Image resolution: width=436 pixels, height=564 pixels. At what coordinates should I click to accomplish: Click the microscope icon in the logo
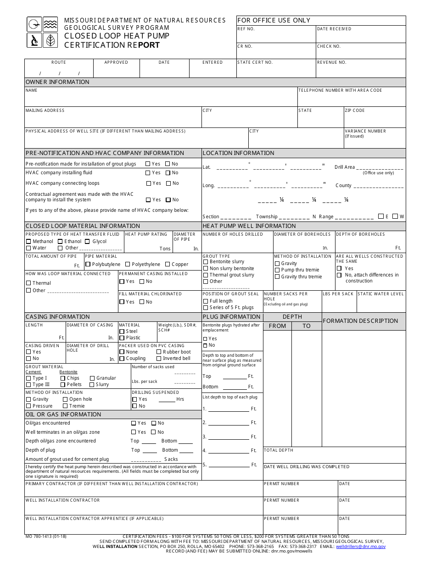34,40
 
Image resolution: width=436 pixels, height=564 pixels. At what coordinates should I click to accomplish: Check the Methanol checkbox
28,242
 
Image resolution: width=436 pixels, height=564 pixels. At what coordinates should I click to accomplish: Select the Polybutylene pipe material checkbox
88,265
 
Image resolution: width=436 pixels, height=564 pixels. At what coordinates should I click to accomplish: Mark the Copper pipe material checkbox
168,265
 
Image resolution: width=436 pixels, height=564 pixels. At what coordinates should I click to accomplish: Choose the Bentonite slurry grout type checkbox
206,262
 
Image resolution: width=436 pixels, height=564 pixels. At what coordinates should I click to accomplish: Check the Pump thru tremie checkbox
277,270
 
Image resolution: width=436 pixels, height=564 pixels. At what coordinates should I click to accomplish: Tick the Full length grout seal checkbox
206,301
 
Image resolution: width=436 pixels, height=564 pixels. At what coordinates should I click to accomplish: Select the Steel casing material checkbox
122,331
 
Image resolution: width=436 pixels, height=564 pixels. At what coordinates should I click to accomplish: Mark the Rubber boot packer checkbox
159,352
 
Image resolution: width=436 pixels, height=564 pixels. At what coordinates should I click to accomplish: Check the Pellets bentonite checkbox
63,385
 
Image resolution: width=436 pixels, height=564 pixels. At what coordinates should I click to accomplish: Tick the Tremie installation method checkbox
65,406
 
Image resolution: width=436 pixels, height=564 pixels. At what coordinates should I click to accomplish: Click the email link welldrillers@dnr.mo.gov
360,547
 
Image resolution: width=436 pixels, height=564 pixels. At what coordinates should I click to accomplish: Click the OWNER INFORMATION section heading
57,82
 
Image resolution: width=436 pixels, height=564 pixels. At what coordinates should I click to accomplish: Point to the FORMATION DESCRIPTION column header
360,321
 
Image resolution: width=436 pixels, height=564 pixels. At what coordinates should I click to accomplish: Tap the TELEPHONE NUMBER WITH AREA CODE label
340,90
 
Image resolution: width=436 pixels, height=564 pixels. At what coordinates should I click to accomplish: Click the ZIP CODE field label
355,111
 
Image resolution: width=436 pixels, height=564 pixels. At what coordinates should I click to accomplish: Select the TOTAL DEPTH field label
278,450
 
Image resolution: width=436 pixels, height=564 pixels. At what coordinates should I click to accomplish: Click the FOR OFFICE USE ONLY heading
274,21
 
